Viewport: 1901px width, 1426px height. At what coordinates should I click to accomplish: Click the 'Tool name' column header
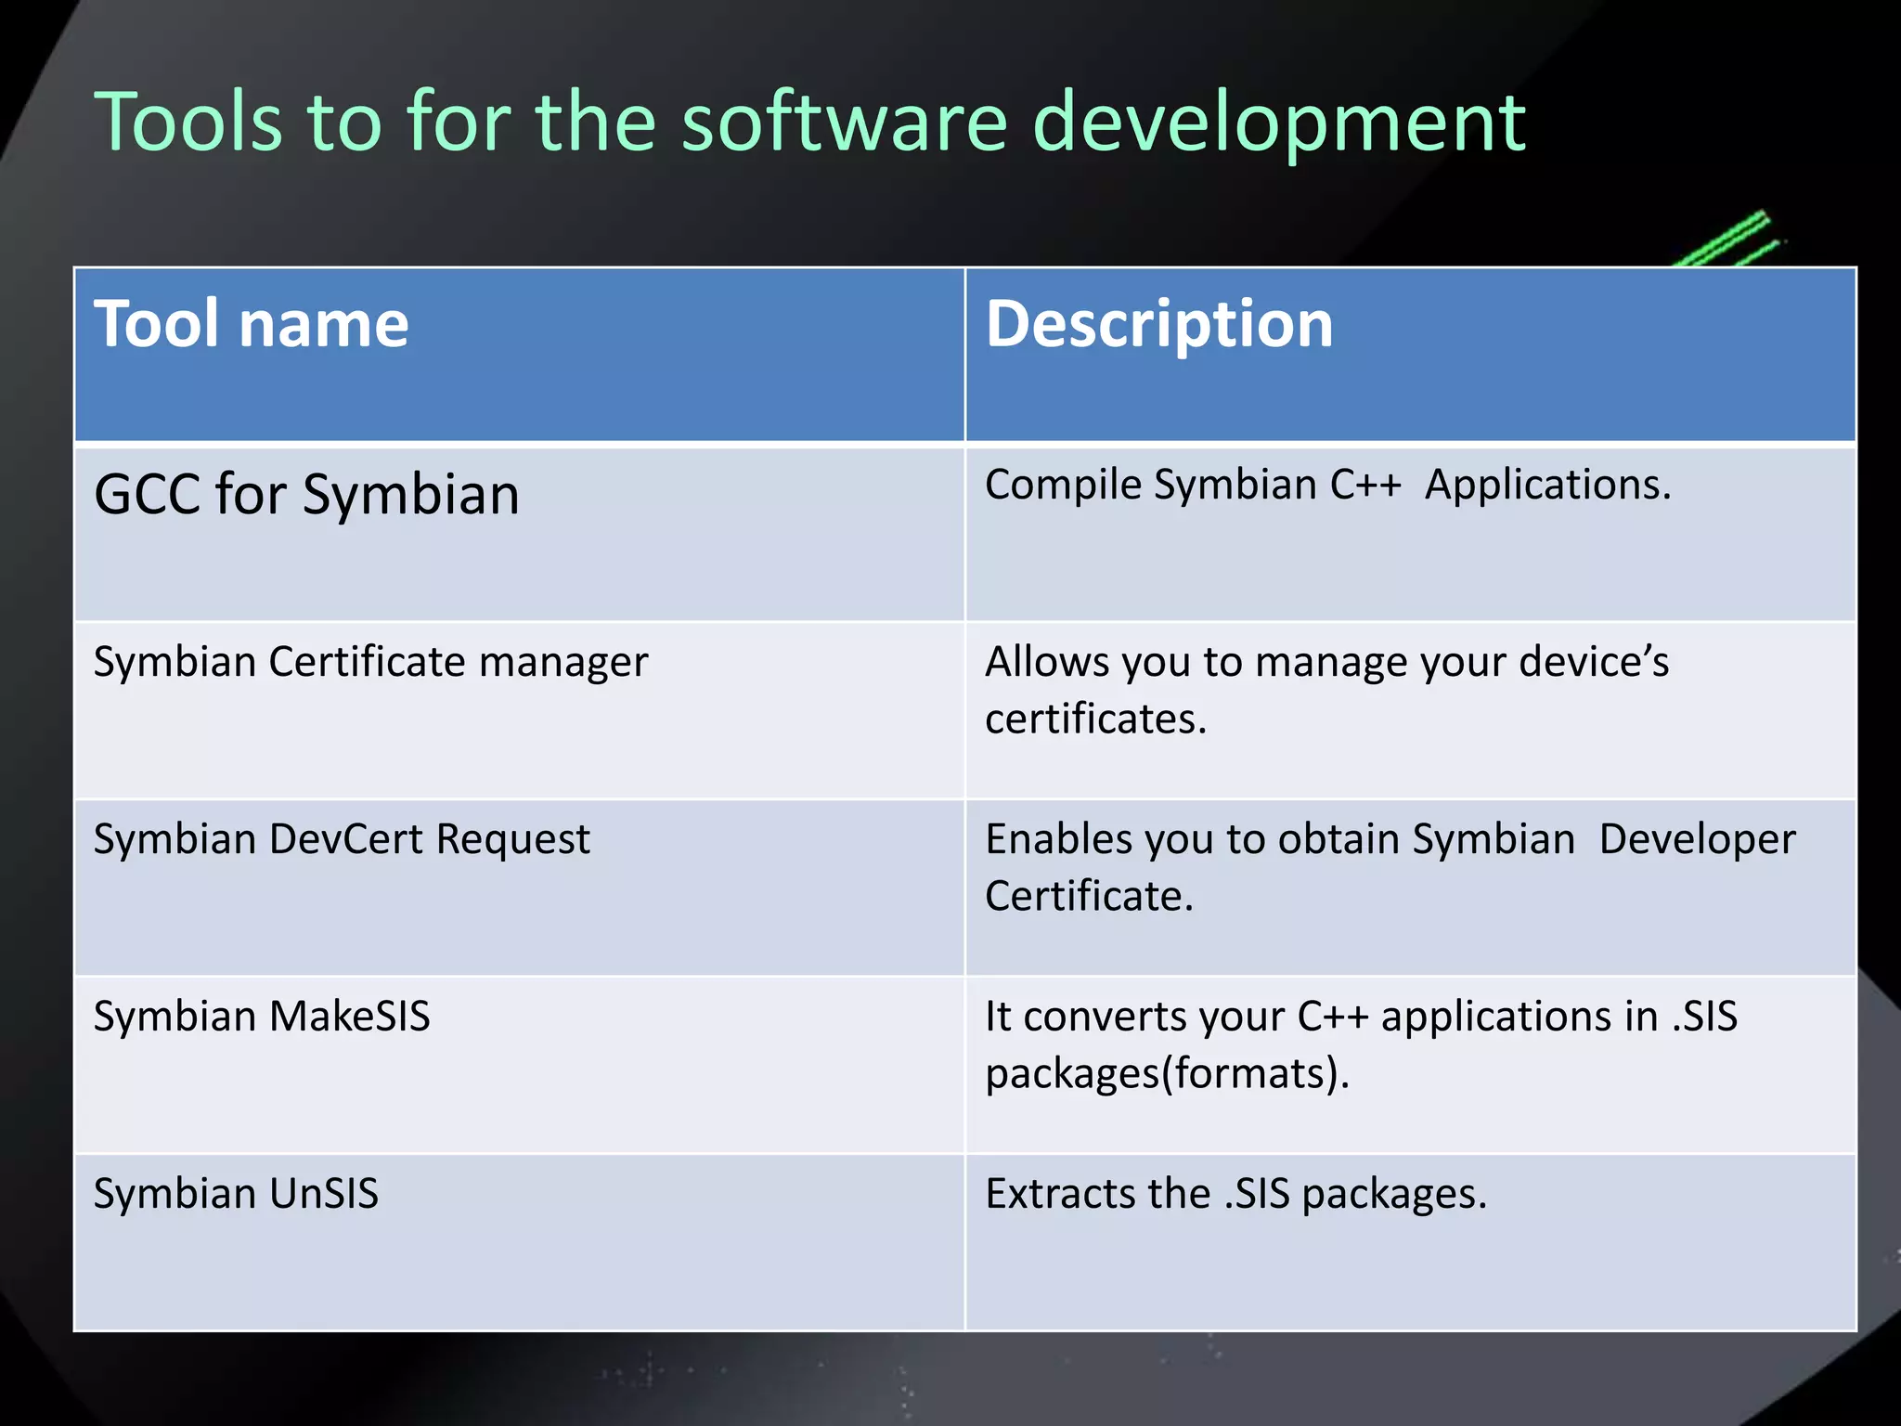[252, 325]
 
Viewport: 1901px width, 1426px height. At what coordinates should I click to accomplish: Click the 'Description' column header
[1158, 325]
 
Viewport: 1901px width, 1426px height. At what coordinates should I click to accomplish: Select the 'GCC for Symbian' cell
[306, 494]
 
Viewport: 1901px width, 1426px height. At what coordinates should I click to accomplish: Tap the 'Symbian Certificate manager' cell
[370, 663]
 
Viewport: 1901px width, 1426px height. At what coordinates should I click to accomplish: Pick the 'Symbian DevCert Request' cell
[342, 840]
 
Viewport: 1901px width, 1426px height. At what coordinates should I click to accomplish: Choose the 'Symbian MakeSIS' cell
[262, 1017]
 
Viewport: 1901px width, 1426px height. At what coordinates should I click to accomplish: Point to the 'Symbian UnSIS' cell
[236, 1194]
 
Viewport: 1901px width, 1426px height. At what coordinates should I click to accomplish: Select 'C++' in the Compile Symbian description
[1364, 486]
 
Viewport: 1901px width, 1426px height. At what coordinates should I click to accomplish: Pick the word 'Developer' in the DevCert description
[1697, 840]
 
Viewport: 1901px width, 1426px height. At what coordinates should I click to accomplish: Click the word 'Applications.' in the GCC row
[1547, 486]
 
